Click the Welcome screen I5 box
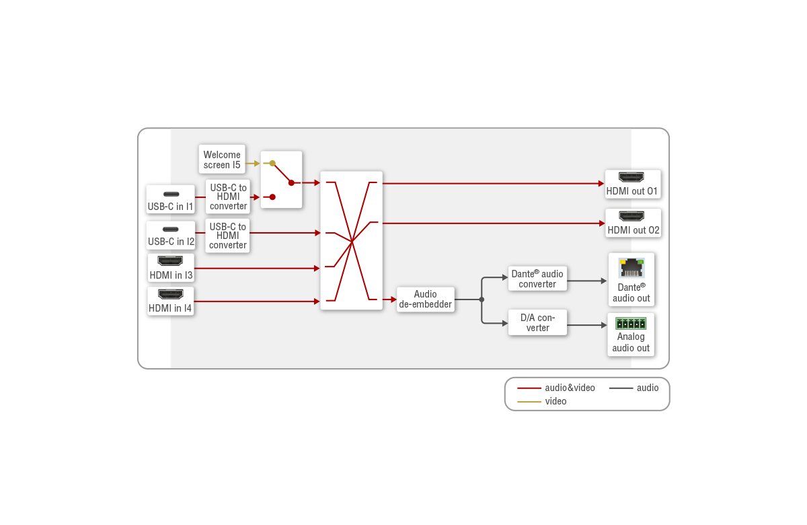(222, 160)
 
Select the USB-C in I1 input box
(170, 199)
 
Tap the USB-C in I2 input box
(170, 235)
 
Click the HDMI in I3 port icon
(170, 261)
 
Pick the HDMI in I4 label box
(170, 302)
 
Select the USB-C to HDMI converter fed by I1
(228, 197)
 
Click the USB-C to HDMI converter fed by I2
(228, 236)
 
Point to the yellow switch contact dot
(272, 163)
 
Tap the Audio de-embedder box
(425, 299)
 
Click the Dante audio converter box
(537, 279)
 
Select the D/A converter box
(537, 322)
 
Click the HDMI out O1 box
(632, 184)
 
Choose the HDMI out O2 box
(633, 223)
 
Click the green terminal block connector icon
(631, 322)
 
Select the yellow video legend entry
(542, 401)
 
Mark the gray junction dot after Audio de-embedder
(482, 300)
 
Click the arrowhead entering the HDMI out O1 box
(601, 183)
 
